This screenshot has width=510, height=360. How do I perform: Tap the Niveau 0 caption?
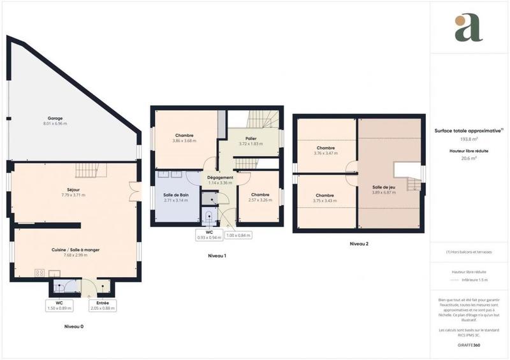click(x=73, y=326)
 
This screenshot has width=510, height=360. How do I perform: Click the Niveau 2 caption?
click(x=358, y=243)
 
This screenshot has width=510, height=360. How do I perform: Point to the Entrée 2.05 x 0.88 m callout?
click(x=102, y=305)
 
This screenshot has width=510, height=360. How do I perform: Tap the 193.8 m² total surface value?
click(x=469, y=138)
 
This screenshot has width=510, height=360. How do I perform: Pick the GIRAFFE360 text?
click(x=469, y=345)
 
